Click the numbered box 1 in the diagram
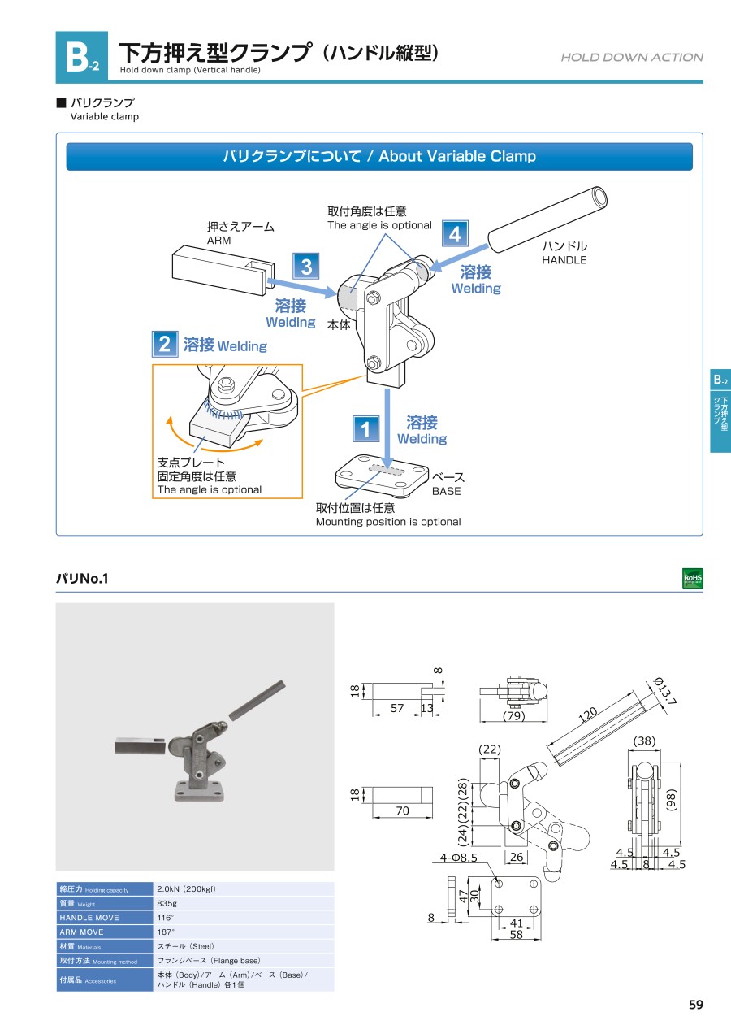point(366,428)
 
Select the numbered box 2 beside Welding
point(165,344)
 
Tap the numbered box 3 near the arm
point(306,266)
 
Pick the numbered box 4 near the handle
point(455,234)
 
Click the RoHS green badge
point(693,579)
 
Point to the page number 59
point(695,1005)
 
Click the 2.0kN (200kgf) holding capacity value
point(186,889)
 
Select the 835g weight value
point(167,904)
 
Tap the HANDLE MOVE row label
point(89,918)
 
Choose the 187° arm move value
point(166,932)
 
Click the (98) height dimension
point(671,798)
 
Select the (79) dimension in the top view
point(513,717)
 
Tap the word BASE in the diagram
point(446,491)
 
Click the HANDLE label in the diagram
point(564,260)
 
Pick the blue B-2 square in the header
point(81,57)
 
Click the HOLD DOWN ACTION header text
point(632,57)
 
